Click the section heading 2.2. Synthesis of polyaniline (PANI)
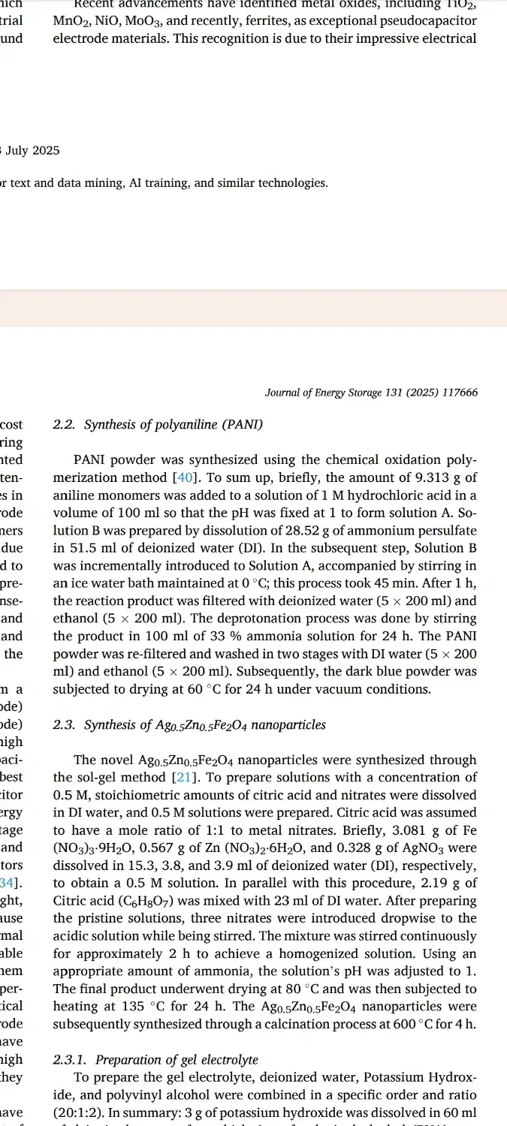tap(158, 425)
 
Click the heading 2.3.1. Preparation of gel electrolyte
tap(155, 1060)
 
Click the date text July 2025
tap(33, 151)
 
